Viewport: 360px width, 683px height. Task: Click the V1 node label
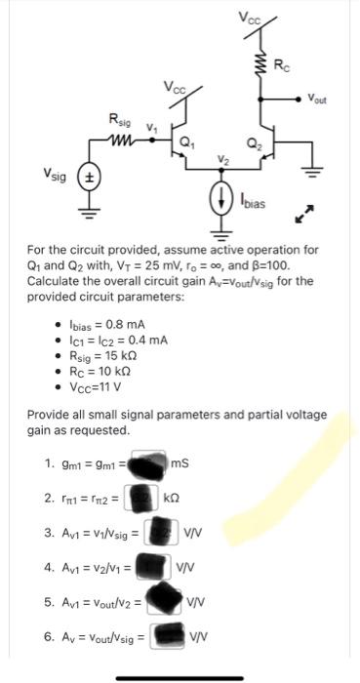pos(150,125)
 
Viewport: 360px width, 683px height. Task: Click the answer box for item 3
pos(159,532)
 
